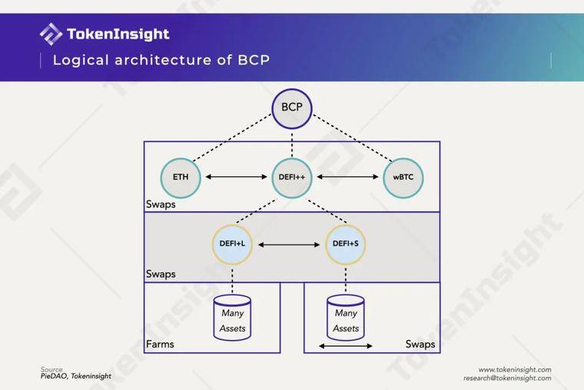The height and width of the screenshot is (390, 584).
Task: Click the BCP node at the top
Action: [292, 108]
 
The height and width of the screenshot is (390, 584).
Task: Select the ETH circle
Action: [181, 178]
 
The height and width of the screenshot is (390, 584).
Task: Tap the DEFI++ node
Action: [292, 178]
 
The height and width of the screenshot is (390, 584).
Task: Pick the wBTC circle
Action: [403, 178]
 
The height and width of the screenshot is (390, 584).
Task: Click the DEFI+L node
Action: [232, 245]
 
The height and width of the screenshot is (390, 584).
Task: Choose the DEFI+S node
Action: [346, 245]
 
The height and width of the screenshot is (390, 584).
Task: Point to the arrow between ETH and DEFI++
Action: [236, 177]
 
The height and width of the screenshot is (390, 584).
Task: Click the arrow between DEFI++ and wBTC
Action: [347, 177]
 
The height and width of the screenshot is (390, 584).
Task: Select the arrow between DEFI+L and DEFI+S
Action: [289, 245]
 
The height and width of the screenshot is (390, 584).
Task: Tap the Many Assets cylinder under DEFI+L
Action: [232, 318]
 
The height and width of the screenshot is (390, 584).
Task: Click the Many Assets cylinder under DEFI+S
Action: [346, 318]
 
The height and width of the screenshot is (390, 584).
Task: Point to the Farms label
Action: [160, 344]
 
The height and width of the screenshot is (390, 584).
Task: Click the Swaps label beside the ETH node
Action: [161, 205]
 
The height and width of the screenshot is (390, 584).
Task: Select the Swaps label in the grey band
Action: [161, 274]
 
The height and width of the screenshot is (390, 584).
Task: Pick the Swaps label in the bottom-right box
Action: [420, 344]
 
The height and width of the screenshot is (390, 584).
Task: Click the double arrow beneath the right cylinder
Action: [346, 346]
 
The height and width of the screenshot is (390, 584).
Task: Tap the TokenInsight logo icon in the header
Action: [51, 34]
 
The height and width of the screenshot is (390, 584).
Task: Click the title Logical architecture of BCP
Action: [161, 60]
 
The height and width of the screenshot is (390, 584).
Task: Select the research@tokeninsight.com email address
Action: [507, 378]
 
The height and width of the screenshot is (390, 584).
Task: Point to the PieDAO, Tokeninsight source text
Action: [76, 376]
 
